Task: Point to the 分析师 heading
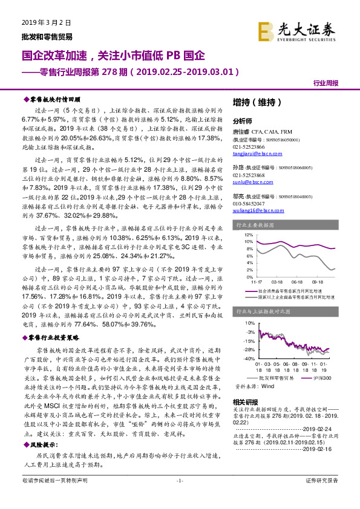(241, 120)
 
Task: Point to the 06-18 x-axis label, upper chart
(297, 280)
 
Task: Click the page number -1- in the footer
(180, 497)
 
